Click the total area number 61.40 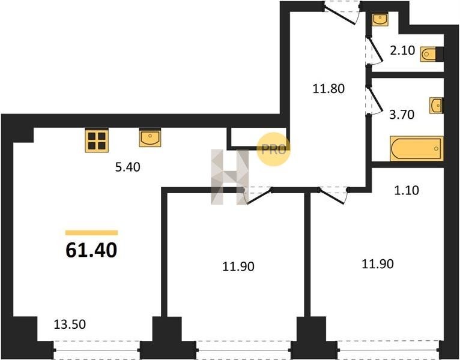click(91, 251)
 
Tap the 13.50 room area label click(70, 324)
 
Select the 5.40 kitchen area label click(128, 167)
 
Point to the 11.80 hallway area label click(328, 89)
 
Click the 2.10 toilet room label click(402, 50)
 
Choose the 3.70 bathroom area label click(402, 115)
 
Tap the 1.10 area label click(407, 191)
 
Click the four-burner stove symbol click(97, 140)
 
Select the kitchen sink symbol click(150, 137)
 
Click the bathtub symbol click(417, 149)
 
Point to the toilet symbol click(431, 54)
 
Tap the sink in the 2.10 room click(380, 19)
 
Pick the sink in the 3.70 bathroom click(436, 106)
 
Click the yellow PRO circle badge click(273, 149)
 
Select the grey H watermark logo click(230, 177)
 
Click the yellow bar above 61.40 click(91, 233)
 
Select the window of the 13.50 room click(97, 350)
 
